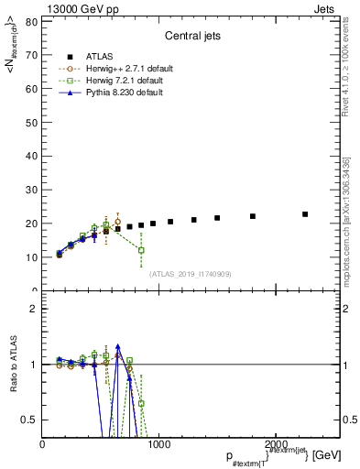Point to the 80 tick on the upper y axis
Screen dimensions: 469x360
point(32,21)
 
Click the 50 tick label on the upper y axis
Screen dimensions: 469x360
point(32,123)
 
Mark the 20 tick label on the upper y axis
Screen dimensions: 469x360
point(32,224)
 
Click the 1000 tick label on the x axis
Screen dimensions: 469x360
point(158,443)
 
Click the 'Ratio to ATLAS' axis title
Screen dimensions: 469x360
point(12,365)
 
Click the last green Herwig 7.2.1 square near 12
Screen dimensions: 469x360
point(141,250)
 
